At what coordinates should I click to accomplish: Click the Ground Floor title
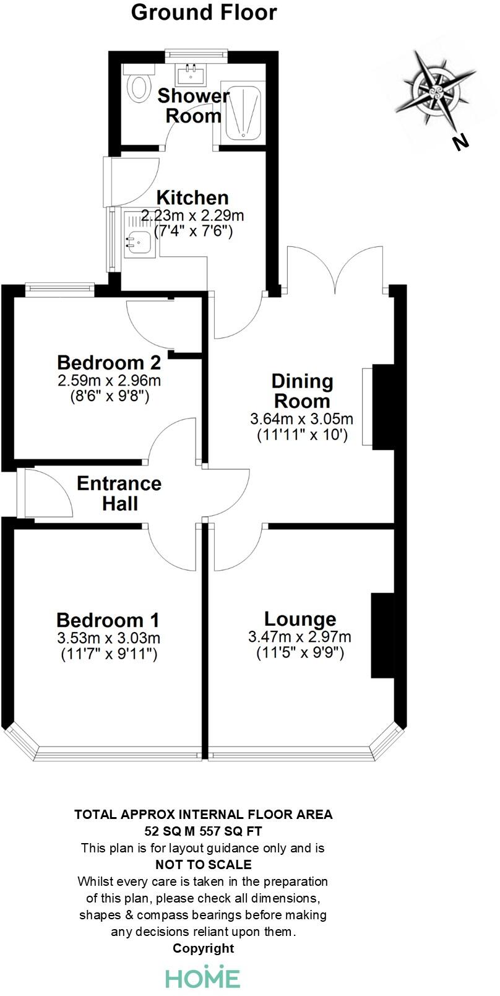click(x=204, y=12)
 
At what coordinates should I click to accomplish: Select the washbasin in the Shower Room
click(x=190, y=76)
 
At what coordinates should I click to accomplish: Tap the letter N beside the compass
click(x=460, y=142)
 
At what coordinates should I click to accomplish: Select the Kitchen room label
click(x=192, y=197)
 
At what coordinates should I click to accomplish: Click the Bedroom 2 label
click(x=109, y=362)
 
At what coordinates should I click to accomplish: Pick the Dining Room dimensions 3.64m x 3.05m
click(x=302, y=419)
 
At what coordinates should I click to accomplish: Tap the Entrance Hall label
click(x=119, y=493)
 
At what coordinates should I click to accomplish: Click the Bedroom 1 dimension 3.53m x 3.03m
click(x=108, y=638)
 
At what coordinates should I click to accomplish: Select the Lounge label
click(x=300, y=618)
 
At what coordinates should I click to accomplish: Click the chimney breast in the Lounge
click(x=382, y=635)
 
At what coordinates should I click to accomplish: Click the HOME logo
click(x=202, y=977)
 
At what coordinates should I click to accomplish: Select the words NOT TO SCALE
click(x=204, y=864)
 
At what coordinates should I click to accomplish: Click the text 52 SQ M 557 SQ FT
click(x=204, y=831)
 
